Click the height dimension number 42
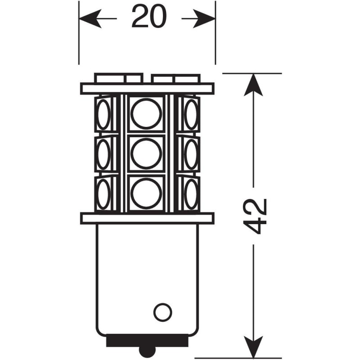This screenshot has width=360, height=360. [255, 216]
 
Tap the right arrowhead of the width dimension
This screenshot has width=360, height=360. [204, 18]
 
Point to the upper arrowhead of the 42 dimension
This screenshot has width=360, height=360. [253, 85]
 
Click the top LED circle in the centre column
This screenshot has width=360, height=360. [146, 114]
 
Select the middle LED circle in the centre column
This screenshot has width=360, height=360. [146, 153]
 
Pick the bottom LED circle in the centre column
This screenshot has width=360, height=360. [146, 193]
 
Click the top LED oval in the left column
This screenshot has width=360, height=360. [103, 114]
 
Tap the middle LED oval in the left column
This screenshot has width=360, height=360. [103, 154]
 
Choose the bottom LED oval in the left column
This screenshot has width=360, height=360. [103, 194]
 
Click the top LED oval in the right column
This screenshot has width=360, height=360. [191, 114]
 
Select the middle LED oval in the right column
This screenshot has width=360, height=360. [191, 154]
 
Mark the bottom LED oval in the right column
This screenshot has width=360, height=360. [191, 194]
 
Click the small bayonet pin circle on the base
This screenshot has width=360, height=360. [162, 312]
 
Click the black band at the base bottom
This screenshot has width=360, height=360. [147, 342]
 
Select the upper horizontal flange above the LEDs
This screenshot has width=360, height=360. [147, 89]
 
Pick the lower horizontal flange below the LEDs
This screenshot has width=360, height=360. [147, 218]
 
